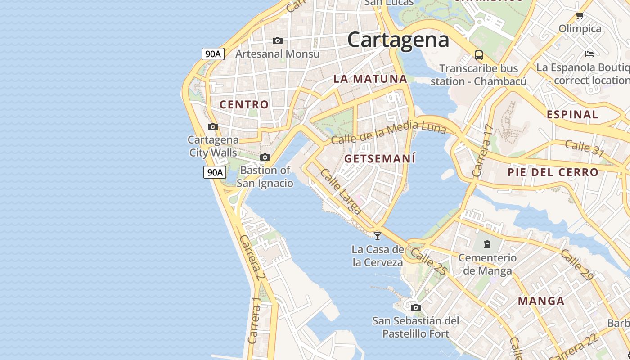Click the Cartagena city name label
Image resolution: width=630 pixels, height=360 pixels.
(x=398, y=40)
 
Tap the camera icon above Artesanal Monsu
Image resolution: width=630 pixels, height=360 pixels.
(x=278, y=41)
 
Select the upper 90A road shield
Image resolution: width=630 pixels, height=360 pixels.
(x=213, y=54)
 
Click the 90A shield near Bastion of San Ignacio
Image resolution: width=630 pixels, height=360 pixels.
(x=215, y=172)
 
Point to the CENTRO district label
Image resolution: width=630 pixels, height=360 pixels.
(x=244, y=104)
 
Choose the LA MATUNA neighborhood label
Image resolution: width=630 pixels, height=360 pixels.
(x=370, y=79)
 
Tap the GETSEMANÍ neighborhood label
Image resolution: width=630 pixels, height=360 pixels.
(x=380, y=158)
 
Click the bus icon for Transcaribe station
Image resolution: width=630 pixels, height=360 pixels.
(x=479, y=55)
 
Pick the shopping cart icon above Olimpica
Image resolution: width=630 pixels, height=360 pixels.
(x=580, y=16)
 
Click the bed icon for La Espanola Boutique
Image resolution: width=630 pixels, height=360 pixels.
(x=589, y=54)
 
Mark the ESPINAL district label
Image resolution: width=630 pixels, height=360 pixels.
(x=572, y=114)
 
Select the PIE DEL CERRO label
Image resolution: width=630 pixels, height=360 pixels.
(x=553, y=172)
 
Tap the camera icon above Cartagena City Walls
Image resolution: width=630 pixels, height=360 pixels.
(x=213, y=127)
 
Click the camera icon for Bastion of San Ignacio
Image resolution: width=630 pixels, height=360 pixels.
(x=265, y=157)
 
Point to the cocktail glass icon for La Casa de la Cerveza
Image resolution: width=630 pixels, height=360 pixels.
(x=378, y=235)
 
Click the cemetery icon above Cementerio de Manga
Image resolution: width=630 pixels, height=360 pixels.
(x=487, y=244)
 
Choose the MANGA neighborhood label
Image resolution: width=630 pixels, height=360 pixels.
(x=541, y=301)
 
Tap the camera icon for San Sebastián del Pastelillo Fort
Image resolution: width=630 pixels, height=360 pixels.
(x=415, y=308)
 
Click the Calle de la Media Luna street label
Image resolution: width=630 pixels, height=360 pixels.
(x=388, y=132)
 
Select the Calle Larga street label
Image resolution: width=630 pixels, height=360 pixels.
(x=341, y=191)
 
